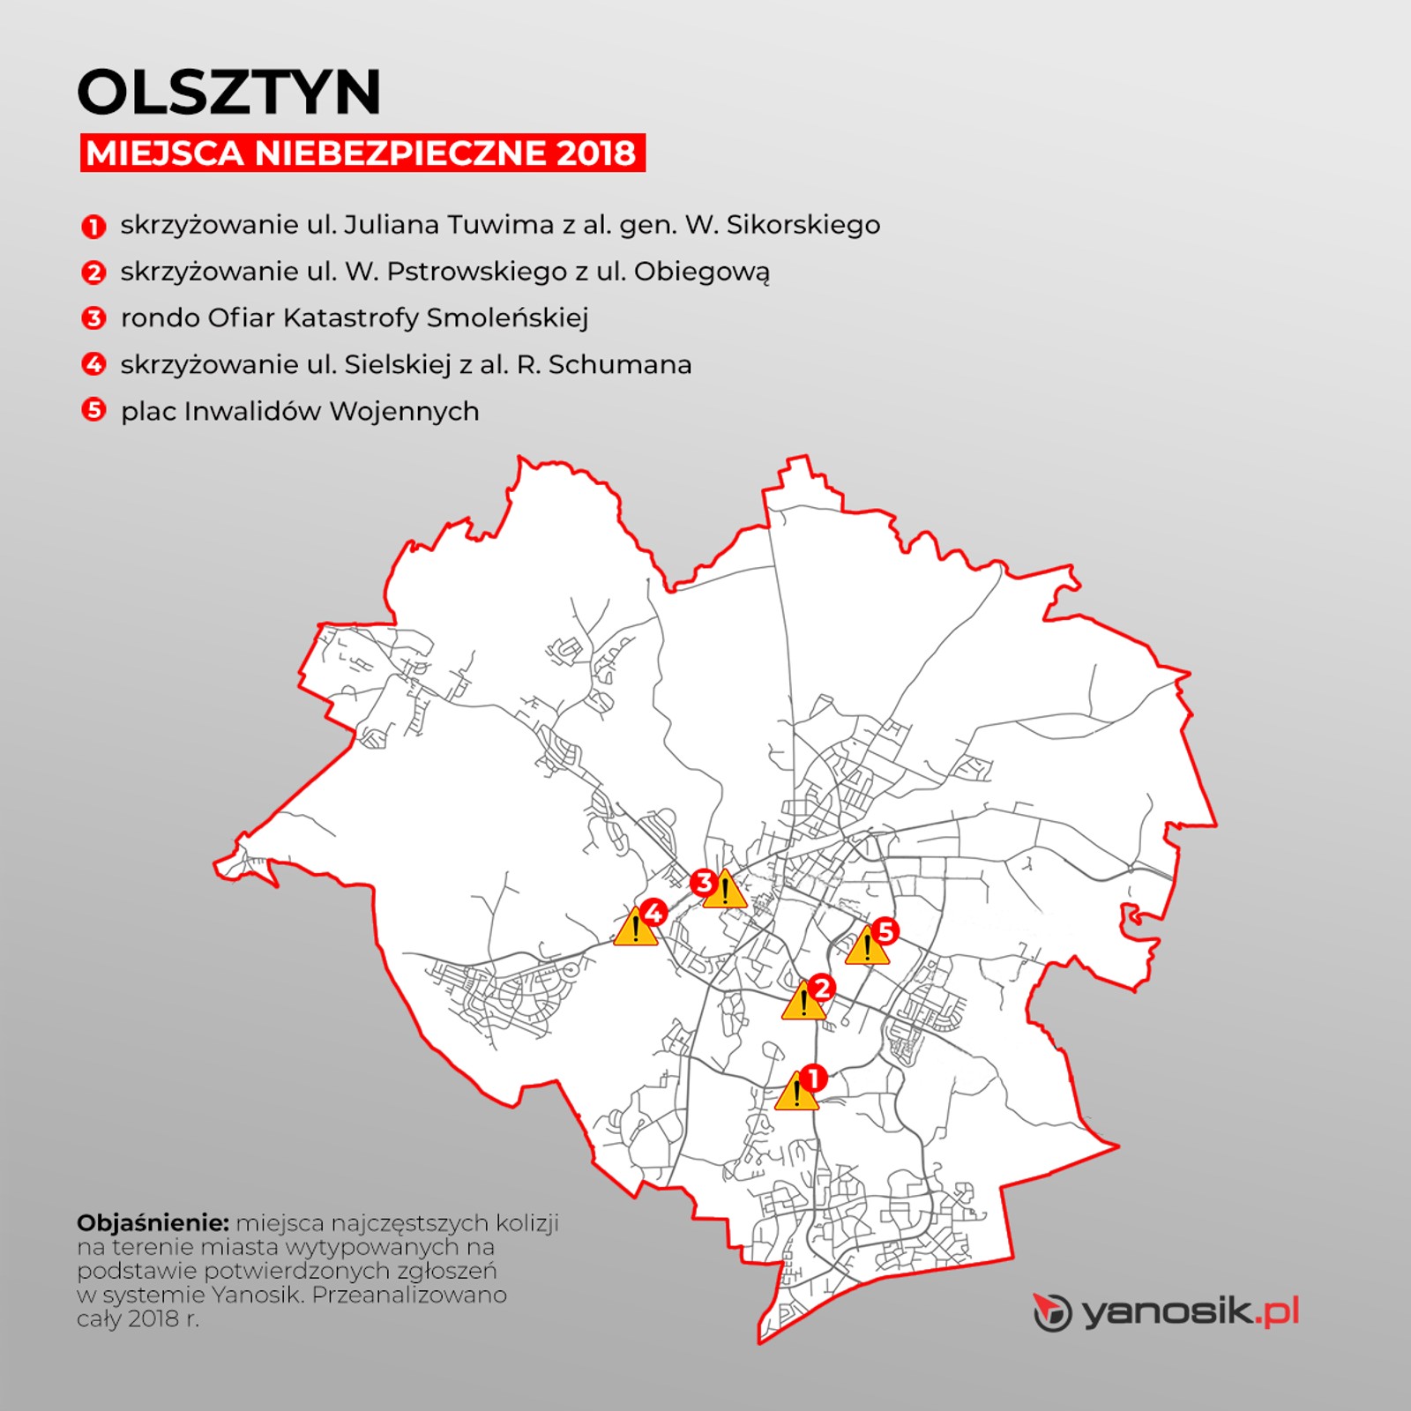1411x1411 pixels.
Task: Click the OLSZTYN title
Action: pos(229,92)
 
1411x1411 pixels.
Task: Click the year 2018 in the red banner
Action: pos(596,153)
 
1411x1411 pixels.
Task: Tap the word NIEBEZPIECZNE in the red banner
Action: pos(400,153)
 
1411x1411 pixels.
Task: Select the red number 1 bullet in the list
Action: pos(93,227)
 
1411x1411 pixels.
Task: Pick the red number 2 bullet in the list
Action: pos(93,272)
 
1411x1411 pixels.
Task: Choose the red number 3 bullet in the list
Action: pos(93,318)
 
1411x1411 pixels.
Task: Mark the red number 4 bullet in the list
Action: pos(93,364)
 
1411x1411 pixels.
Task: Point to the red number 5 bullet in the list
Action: pos(93,410)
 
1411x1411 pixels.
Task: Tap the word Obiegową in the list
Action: pos(701,272)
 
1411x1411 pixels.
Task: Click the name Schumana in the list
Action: pos(620,364)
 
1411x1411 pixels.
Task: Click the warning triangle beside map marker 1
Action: pos(795,1094)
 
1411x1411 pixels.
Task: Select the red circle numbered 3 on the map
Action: pos(703,882)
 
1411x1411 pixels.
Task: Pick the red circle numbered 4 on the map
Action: pos(653,912)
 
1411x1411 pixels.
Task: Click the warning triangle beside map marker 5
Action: pos(867,948)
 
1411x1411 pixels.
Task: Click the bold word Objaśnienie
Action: pos(153,1223)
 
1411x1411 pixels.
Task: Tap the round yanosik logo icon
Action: pos(1052,1312)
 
